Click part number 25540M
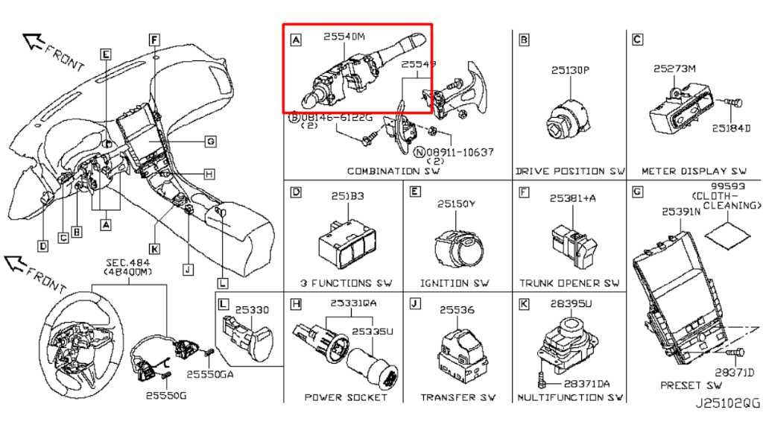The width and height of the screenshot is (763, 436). point(345,37)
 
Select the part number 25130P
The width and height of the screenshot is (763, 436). point(570,71)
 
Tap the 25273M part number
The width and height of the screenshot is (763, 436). point(674,69)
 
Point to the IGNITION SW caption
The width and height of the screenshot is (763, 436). point(454,283)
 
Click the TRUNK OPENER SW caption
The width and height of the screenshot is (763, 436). point(569,283)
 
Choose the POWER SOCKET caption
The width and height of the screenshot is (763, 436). point(346,397)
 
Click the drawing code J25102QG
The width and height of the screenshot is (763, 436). point(727,402)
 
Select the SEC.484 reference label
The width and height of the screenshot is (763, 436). point(127,263)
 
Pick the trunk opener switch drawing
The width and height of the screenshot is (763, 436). point(570,243)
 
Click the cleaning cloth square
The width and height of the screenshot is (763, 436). point(727,233)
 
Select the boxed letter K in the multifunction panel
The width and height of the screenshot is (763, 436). point(524,304)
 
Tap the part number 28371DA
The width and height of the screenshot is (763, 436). point(586,383)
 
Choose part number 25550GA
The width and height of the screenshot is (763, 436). point(210,375)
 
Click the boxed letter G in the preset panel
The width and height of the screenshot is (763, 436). point(637,192)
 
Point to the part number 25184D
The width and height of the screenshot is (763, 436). point(731,128)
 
